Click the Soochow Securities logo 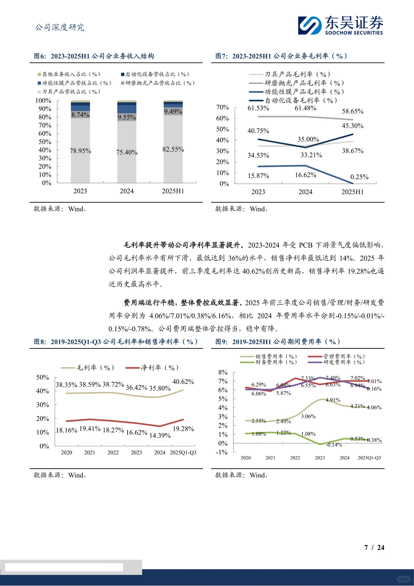[340, 25]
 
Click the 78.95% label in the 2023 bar [80, 151]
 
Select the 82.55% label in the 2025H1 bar [173, 149]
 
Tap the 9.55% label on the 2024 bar [127, 117]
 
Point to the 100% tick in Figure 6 [43, 101]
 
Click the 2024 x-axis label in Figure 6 [127, 191]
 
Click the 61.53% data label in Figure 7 [258, 108]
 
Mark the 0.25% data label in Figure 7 [359, 177]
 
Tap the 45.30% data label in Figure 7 [353, 126]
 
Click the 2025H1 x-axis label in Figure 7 [352, 192]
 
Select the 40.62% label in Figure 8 [183, 382]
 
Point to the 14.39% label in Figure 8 [160, 436]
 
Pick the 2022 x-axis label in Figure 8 [113, 453]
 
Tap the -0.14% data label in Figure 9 [334, 445]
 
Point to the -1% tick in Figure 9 [222, 452]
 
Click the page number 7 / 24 [374, 548]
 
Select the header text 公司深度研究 [60, 27]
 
